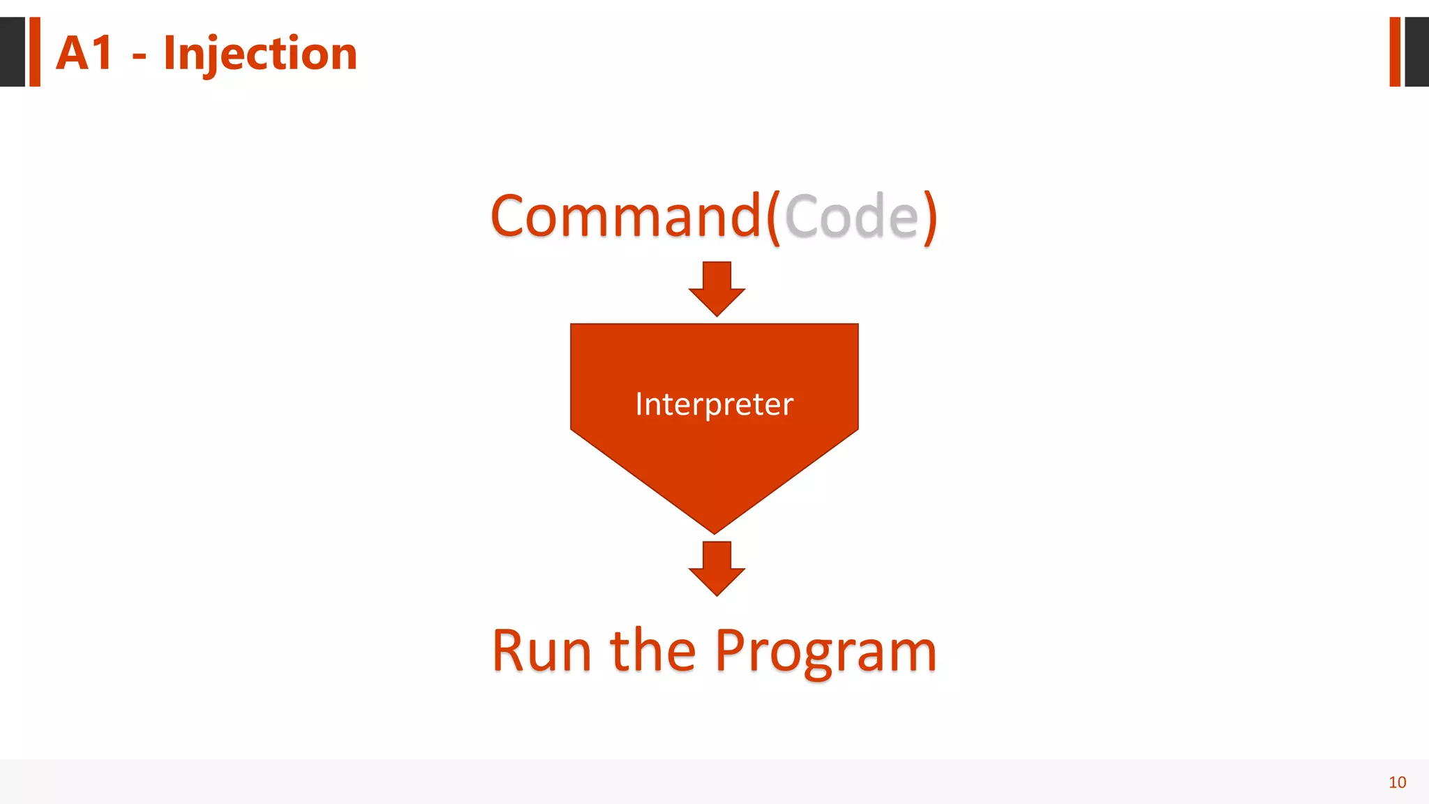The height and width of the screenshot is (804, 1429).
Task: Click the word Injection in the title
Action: pos(260,54)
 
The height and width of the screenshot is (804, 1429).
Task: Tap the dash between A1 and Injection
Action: pos(139,56)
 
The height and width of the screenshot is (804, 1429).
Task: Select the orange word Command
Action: pos(625,216)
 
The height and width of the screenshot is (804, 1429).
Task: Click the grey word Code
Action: pos(852,216)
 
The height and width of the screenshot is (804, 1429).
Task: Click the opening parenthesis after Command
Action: pos(773,218)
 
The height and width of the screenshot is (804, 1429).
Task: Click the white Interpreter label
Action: pos(714,404)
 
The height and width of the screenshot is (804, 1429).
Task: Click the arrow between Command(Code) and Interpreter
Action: pos(717,288)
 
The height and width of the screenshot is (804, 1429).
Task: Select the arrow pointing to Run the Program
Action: pos(717,567)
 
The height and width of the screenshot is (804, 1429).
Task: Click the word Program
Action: pos(825,653)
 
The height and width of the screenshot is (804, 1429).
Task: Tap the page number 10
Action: pos(1397,782)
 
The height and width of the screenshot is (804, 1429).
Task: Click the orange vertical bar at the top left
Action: pos(35,52)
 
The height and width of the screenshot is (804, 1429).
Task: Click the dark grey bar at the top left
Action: pos(12,52)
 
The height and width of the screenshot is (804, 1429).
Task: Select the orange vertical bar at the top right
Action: pos(1395,52)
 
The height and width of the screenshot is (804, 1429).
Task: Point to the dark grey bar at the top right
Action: pos(1416,52)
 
